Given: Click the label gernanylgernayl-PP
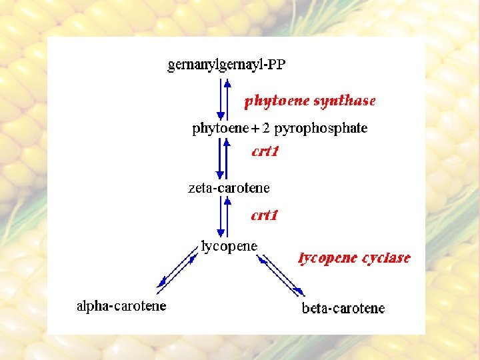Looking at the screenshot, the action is [227, 65].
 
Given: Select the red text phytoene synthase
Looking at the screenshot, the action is [310, 101].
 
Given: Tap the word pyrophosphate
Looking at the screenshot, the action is [321, 129].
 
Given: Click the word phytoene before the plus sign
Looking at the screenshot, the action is [217, 129].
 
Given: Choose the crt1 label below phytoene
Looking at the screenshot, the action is [265, 151].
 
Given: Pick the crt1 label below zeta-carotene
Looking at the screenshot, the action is [264, 215].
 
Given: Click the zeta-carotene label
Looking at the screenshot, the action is [229, 188].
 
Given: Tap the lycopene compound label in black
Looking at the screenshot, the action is [229, 246].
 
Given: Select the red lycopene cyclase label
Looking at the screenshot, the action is [354, 258].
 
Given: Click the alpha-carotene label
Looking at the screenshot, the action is [121, 307].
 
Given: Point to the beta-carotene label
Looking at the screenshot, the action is [343, 308].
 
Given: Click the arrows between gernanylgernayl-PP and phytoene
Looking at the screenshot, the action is [223, 99].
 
